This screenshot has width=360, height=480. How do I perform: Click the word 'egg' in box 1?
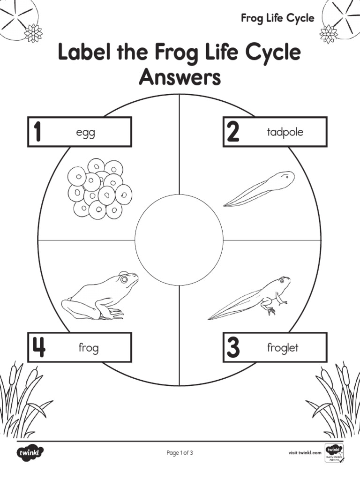[x=85, y=133]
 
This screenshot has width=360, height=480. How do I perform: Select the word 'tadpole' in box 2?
[x=285, y=132]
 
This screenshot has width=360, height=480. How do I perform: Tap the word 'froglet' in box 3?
[x=283, y=348]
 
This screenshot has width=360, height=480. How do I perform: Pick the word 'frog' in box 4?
[x=88, y=348]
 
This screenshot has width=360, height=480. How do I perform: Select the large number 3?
[x=233, y=348]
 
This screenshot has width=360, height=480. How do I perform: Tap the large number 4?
[x=38, y=348]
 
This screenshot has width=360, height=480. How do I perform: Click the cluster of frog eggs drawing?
[x=99, y=188]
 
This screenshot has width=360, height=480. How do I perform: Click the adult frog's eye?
[x=124, y=279]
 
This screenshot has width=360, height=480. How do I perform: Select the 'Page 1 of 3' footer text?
[x=180, y=453]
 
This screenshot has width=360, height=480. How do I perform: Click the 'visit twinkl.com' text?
[x=304, y=453]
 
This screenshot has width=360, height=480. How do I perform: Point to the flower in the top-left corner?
[x=33, y=33]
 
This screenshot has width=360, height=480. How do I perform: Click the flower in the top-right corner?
[x=328, y=33]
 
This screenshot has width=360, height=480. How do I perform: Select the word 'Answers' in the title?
[x=180, y=77]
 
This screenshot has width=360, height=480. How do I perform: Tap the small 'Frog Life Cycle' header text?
[x=277, y=18]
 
